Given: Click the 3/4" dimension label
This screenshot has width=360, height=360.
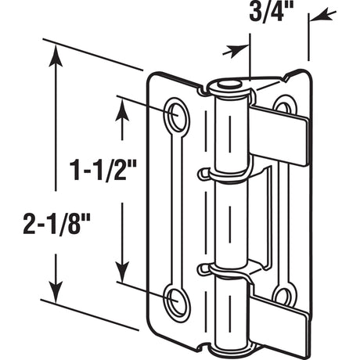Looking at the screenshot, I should click(267, 13).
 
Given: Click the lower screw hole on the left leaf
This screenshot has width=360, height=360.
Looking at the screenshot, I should click(176, 302).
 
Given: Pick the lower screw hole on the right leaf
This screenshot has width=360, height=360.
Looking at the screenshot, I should click(283, 295).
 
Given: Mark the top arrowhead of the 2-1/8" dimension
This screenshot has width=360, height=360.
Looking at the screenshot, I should click(55, 53).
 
